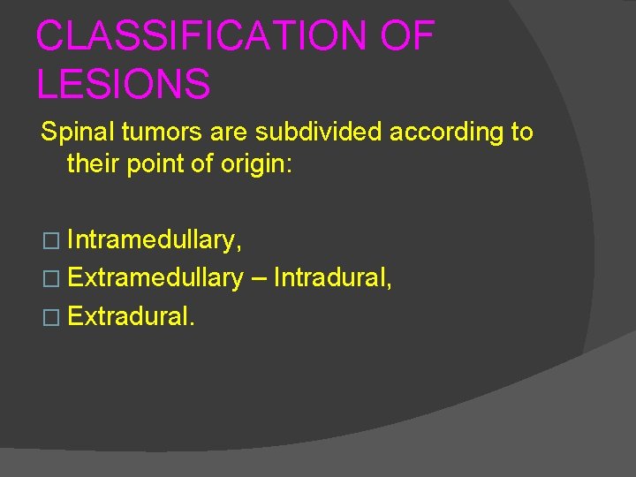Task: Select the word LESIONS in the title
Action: [x=124, y=85]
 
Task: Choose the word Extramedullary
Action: [x=155, y=278]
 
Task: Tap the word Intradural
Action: [x=332, y=278]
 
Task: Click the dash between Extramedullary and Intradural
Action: [x=258, y=279]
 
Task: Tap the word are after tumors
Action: [x=229, y=133]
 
